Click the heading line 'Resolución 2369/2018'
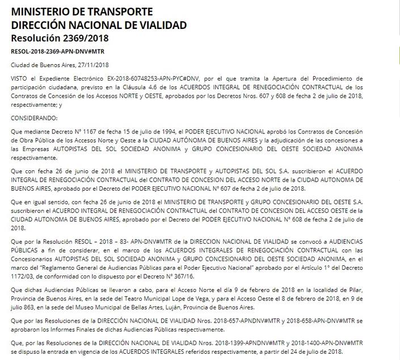[x=60, y=39]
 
